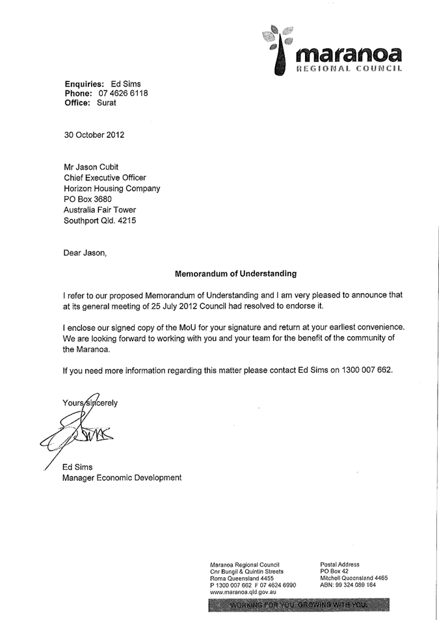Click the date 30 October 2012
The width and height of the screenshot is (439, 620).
coord(94,135)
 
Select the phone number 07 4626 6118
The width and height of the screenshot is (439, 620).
coord(124,93)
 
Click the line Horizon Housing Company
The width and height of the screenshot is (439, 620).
coord(112,188)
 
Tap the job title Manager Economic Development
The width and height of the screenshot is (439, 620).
coord(122,478)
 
